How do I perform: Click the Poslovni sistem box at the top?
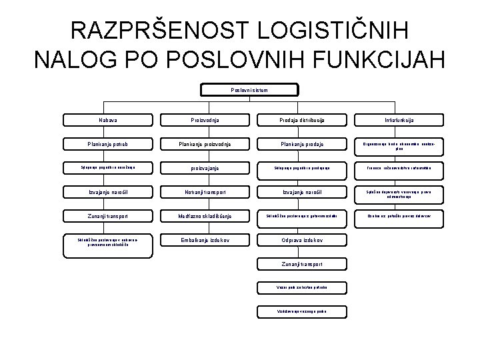[x=251, y=89]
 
